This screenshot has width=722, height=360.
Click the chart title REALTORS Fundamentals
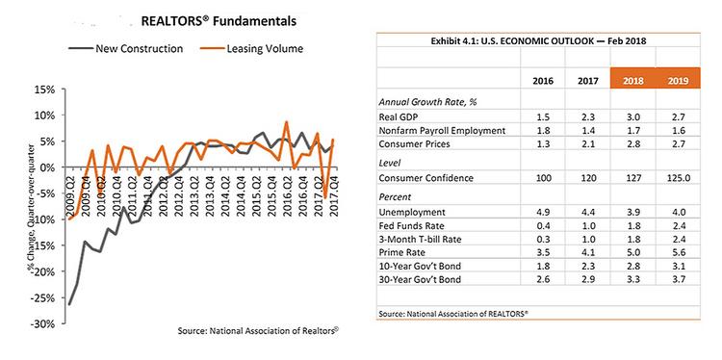click(x=219, y=21)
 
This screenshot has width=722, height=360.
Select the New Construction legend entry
click(x=126, y=49)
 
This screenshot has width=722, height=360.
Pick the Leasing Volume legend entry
click(x=251, y=49)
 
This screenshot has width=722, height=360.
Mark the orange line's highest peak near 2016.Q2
click(x=286, y=122)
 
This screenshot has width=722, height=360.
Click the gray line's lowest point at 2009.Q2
click(x=69, y=304)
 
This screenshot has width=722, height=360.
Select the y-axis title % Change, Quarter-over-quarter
click(x=31, y=208)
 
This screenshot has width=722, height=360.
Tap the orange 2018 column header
click(x=632, y=81)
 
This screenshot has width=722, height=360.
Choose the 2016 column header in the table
click(x=543, y=81)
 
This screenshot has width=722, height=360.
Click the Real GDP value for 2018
click(x=632, y=116)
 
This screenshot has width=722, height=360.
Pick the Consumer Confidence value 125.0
click(x=678, y=178)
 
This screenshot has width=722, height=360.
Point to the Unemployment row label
click(x=412, y=212)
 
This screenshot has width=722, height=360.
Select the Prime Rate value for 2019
click(x=678, y=253)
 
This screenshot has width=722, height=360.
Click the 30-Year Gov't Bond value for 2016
click(x=542, y=279)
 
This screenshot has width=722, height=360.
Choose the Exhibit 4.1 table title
click(x=538, y=40)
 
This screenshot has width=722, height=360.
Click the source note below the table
click(x=453, y=313)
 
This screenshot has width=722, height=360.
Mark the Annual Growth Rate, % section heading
click(x=426, y=102)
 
